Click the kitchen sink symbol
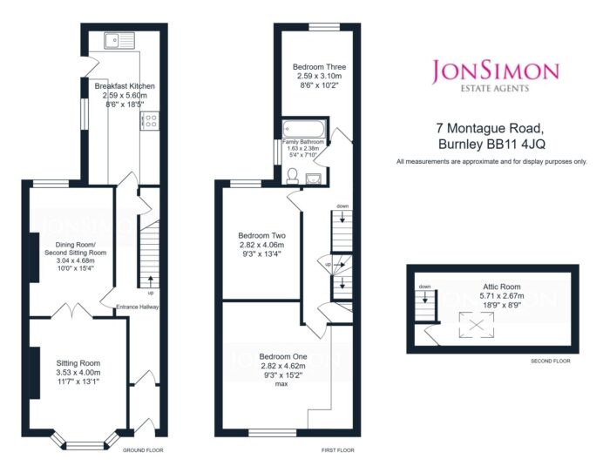(119, 40)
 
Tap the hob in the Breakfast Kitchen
(151, 121)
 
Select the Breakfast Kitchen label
(125, 86)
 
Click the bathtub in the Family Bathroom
(304, 127)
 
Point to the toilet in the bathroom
(292, 176)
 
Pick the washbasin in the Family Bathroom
(314, 179)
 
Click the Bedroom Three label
(320, 67)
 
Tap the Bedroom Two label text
(261, 235)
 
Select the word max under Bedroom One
(281, 384)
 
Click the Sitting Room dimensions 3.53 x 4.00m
(78, 372)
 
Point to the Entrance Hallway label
(138, 307)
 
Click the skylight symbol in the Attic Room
(477, 324)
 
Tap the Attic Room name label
(502, 287)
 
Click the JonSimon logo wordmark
(496, 71)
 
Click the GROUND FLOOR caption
(143, 450)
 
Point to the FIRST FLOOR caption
(338, 450)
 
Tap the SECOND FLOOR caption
(551, 361)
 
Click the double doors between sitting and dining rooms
(72, 310)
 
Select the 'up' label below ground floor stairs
(151, 292)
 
